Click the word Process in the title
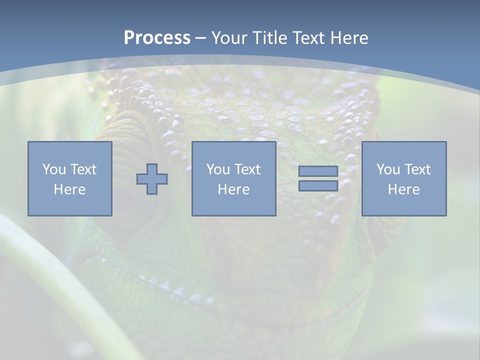point(157,37)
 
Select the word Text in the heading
point(309,37)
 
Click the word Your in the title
point(229,37)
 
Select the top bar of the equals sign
point(318,171)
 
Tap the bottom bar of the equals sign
point(318,185)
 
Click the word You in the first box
point(53,169)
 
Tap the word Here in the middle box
point(233,189)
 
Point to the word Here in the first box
point(69,189)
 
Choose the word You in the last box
point(387,169)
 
